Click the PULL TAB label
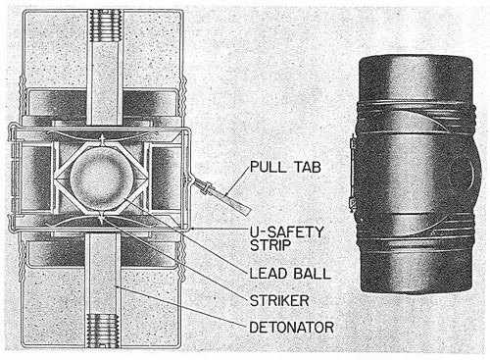285,167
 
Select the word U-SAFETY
286,231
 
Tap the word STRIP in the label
270,245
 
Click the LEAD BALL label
290,274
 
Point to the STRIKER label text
279,300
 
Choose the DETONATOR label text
291,327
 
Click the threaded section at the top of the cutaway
105,26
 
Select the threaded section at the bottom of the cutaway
102,331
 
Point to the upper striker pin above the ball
103,140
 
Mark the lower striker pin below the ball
103,217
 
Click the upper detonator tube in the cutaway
105,83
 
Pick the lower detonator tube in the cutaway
102,274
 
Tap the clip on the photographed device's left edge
352,174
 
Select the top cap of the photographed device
416,78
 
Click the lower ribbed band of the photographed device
416,231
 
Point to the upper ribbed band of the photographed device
416,117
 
